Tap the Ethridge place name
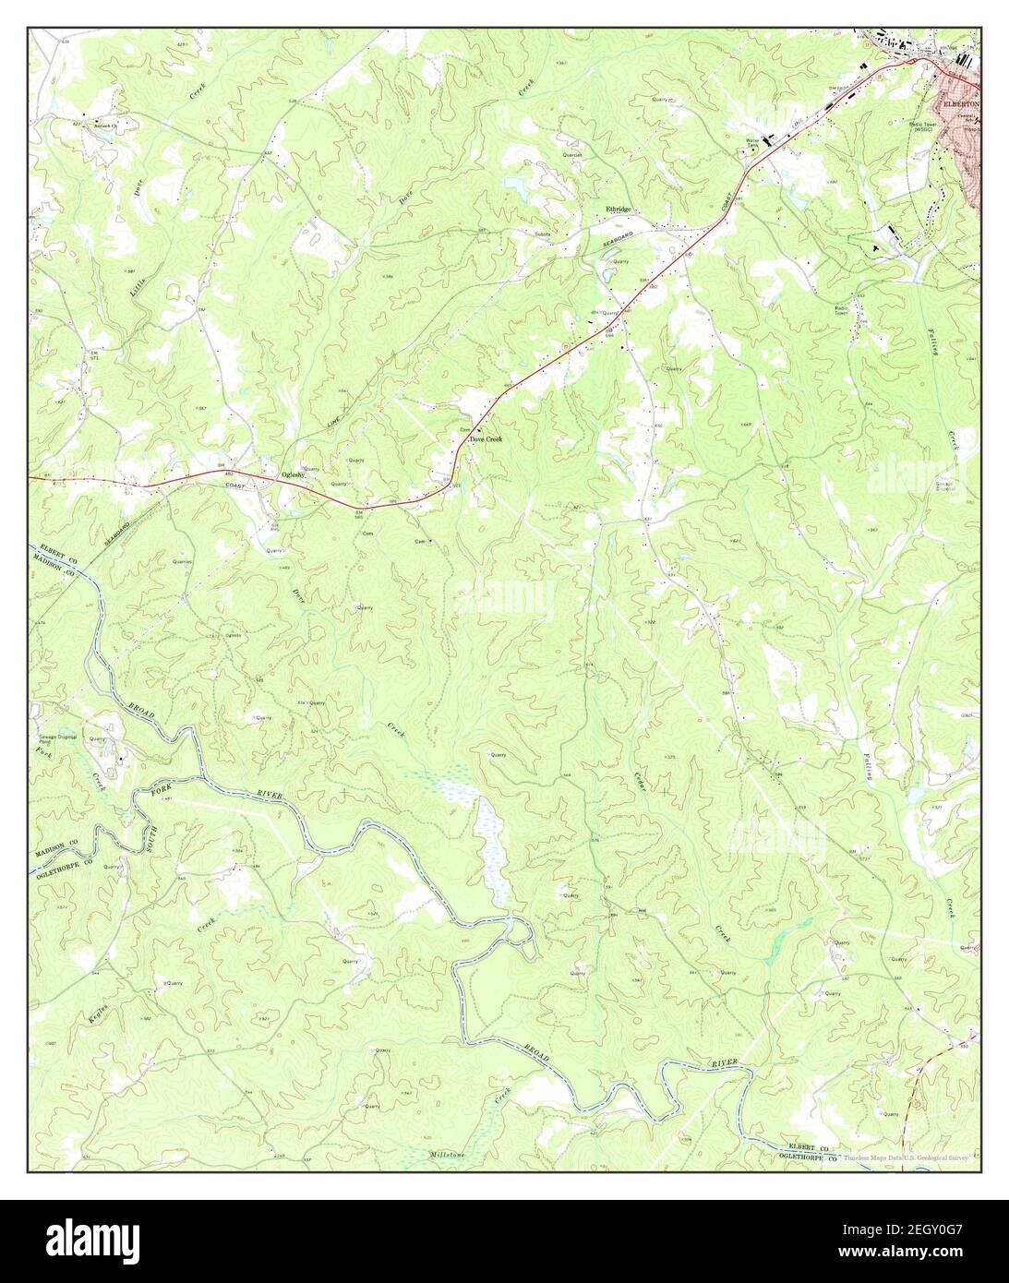(x=618, y=210)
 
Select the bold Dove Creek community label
(x=486, y=439)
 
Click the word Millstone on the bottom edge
(x=450, y=1155)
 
